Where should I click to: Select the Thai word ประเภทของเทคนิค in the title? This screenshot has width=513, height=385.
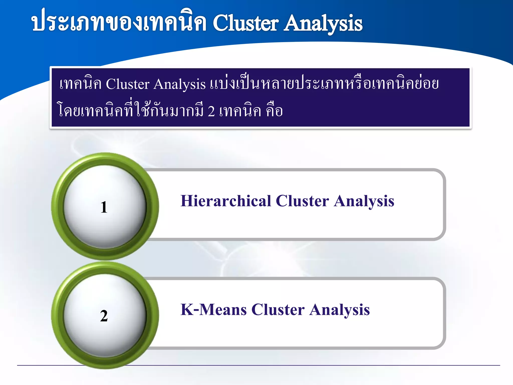(119, 23)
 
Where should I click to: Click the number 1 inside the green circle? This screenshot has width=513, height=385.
(104, 207)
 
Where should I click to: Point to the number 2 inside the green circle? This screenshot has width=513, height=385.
(104, 316)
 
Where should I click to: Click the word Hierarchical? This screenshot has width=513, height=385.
(226, 201)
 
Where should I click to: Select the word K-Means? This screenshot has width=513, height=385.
(213, 310)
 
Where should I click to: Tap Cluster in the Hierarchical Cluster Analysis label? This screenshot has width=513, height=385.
(302, 201)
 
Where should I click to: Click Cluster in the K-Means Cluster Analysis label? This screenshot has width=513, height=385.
(278, 310)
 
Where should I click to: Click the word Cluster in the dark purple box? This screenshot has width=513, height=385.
(127, 84)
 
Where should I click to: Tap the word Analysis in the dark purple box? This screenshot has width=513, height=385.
(180, 84)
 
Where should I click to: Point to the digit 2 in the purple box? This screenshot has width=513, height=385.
(211, 111)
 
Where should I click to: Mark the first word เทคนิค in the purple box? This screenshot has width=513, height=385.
(80, 84)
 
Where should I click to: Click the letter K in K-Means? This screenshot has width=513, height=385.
(187, 310)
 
